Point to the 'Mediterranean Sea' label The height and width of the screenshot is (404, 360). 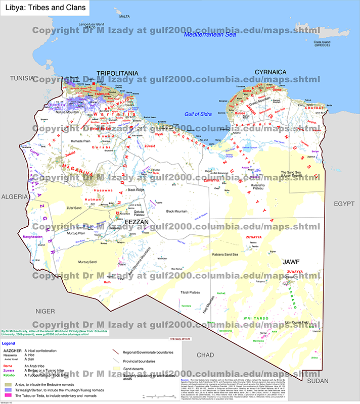point(210,35)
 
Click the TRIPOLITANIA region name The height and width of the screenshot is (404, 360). point(117,74)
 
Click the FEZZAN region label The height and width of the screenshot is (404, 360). point(137,222)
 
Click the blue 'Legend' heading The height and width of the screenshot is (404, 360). point(9,343)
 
